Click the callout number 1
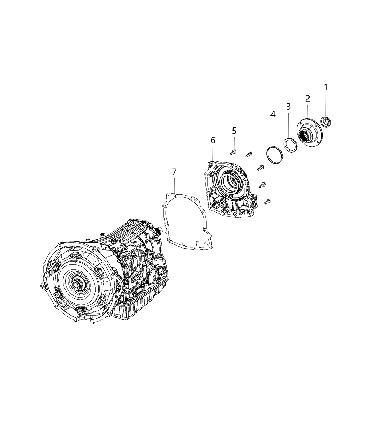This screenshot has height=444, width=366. tap(326, 87)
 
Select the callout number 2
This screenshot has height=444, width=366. tap(307, 99)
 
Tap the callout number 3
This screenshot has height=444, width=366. tap(288, 107)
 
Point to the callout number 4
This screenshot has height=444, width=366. tap(273, 114)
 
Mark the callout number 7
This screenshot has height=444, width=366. tap(174, 172)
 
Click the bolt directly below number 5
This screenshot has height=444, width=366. tap(234, 151)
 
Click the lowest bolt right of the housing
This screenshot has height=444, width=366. tap(267, 201)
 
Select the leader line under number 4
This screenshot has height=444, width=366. tap(273, 134)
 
